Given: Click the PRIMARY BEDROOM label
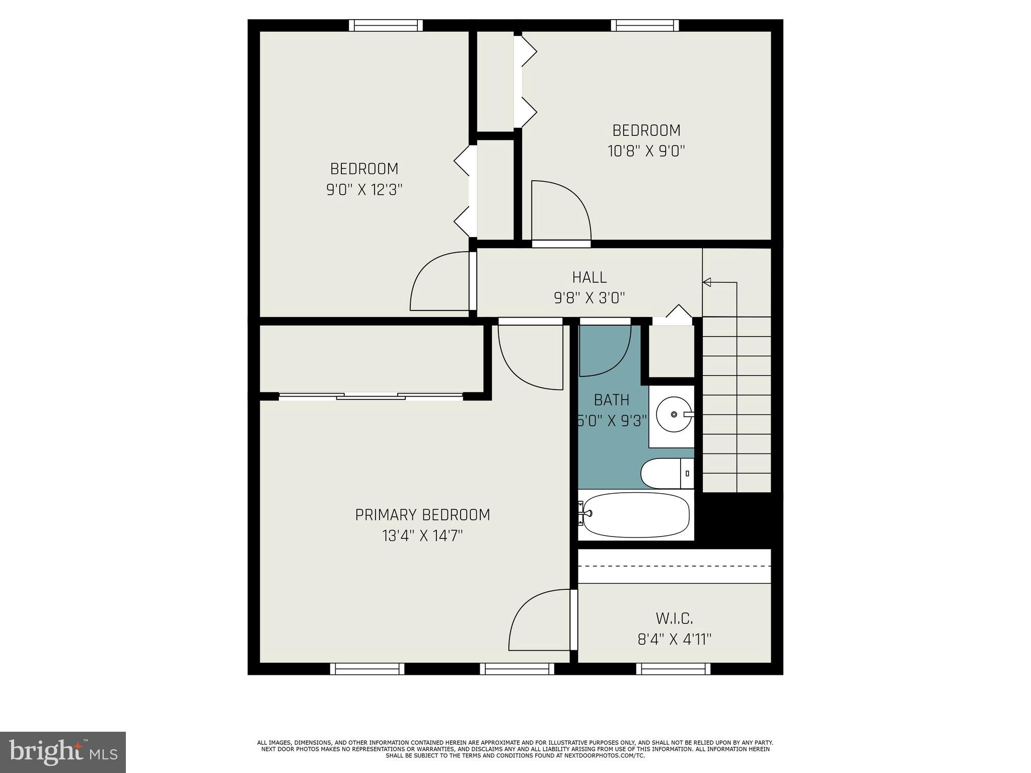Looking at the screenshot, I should pos(422,515).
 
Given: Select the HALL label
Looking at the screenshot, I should pos(589,277).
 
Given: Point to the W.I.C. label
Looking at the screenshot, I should pos(674,618).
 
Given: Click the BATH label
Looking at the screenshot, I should pos(611,400).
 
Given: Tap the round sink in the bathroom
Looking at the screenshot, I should pos(674,414).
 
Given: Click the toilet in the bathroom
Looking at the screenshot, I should pos(665,474).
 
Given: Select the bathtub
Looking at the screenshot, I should pos(635,515).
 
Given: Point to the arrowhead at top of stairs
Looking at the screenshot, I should pos(707,282).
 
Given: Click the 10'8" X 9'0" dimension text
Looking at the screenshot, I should pos(646,151).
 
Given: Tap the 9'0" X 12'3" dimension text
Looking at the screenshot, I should pos(364,190).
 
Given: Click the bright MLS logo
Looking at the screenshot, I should pos(62,752).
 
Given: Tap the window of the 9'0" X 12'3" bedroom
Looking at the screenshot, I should pos(386,25).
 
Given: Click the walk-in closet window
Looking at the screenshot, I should pos(673,669).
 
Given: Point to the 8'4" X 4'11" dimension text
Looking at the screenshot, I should pos(674,640).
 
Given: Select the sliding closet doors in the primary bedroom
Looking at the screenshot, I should pos(371,397).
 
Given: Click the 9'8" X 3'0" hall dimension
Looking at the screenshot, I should pos(589,298).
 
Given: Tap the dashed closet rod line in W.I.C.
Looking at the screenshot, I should pos(674,566).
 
